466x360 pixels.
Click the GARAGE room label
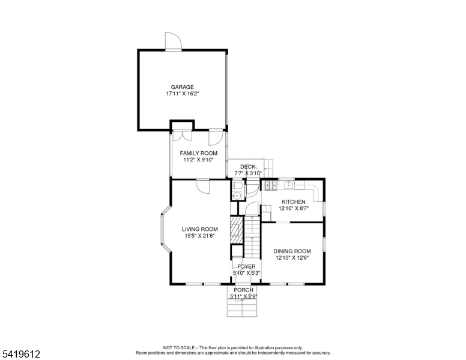pos(182,87)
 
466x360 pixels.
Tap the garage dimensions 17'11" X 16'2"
pos(182,94)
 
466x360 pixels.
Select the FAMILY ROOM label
pos(199,153)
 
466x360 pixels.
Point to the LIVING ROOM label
pos(200,229)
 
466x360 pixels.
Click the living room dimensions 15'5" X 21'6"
pos(200,236)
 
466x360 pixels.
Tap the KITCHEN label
pos(294,202)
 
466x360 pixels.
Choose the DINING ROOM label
pos(292,251)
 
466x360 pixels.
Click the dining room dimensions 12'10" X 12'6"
pos(292,258)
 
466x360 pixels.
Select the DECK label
pos(247,167)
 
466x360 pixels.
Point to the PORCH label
pos(243,290)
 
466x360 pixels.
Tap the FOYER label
pos(246,267)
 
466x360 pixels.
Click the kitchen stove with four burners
pos(271,185)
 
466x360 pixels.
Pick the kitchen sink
pos(289,185)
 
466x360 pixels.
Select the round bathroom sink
pos(237,196)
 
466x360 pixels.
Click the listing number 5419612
pos(21,354)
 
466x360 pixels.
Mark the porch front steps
pos(242,307)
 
